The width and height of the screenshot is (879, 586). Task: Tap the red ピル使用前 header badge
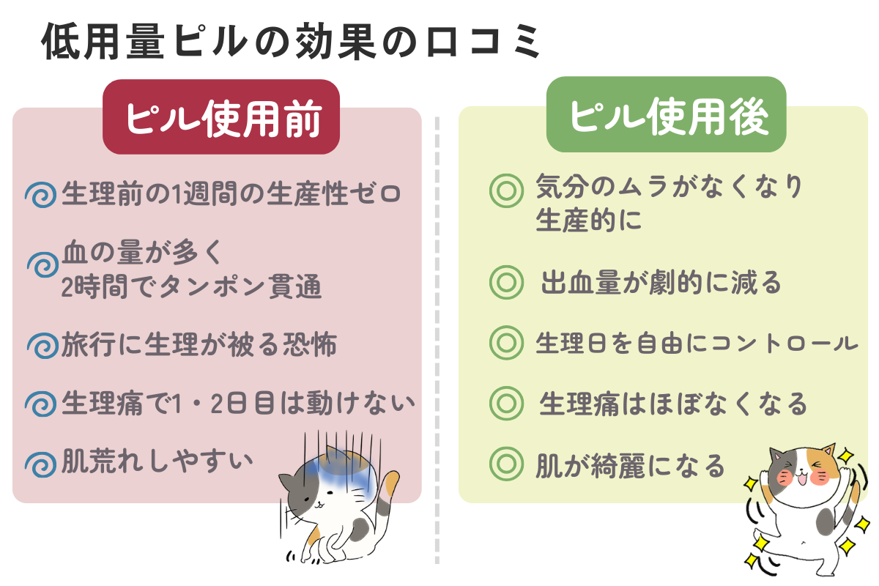click(221, 118)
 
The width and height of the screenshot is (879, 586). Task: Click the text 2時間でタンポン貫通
click(191, 287)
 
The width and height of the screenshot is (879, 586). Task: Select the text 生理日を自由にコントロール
click(696, 343)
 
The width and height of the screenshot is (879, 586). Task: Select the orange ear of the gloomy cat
click(391, 483)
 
